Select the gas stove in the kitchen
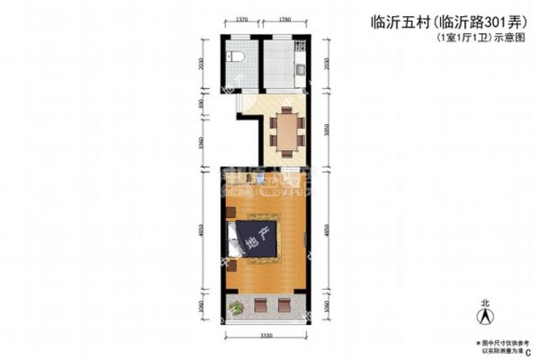pyautogui.click(x=302, y=48)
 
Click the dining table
pyautogui.click(x=288, y=131)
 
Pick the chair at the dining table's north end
pyautogui.click(x=288, y=112)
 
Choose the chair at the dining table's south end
pyautogui.click(x=288, y=150)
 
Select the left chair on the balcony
pyautogui.click(x=260, y=305)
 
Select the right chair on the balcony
pyautogui.click(x=283, y=305)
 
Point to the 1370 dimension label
pyautogui.click(x=241, y=20)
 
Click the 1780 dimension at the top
pyautogui.click(x=284, y=20)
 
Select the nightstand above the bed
pyautogui.click(x=230, y=211)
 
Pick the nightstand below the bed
pyautogui.click(x=231, y=265)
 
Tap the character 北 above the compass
pyautogui.click(x=484, y=303)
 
